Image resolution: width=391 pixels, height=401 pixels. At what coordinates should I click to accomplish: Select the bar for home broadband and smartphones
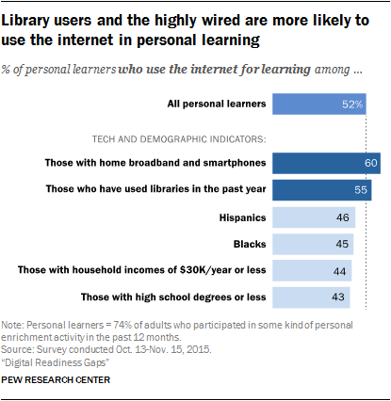point(325,163)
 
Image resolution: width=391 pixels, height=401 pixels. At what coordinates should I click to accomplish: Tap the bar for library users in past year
point(320,190)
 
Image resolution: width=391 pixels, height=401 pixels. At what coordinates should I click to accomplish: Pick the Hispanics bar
point(313,217)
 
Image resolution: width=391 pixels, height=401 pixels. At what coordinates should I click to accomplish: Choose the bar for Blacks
point(312,245)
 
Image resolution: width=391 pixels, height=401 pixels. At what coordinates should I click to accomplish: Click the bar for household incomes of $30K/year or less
point(311,272)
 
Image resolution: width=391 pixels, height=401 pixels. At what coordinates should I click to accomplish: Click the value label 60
point(370,163)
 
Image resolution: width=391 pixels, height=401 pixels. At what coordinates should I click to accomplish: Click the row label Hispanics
point(240,217)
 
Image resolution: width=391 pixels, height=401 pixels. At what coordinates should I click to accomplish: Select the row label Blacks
point(249,245)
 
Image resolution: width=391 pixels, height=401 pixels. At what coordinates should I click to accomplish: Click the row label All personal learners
point(215,104)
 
